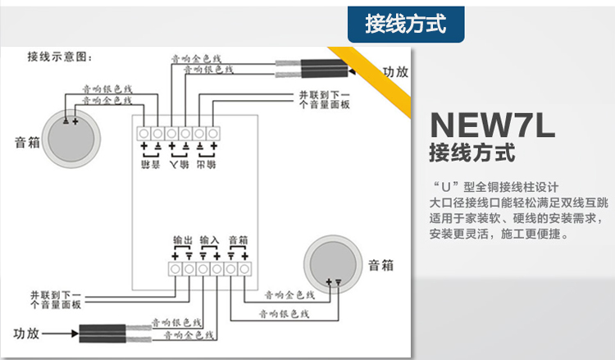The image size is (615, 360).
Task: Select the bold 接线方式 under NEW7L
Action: (473, 153)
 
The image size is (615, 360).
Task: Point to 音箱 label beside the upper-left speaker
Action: (27, 141)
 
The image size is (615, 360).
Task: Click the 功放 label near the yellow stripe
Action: (395, 71)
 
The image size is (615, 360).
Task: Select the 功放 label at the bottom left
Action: (27, 333)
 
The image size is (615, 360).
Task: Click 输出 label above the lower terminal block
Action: (182, 240)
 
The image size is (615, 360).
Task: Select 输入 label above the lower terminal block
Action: (209, 240)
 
